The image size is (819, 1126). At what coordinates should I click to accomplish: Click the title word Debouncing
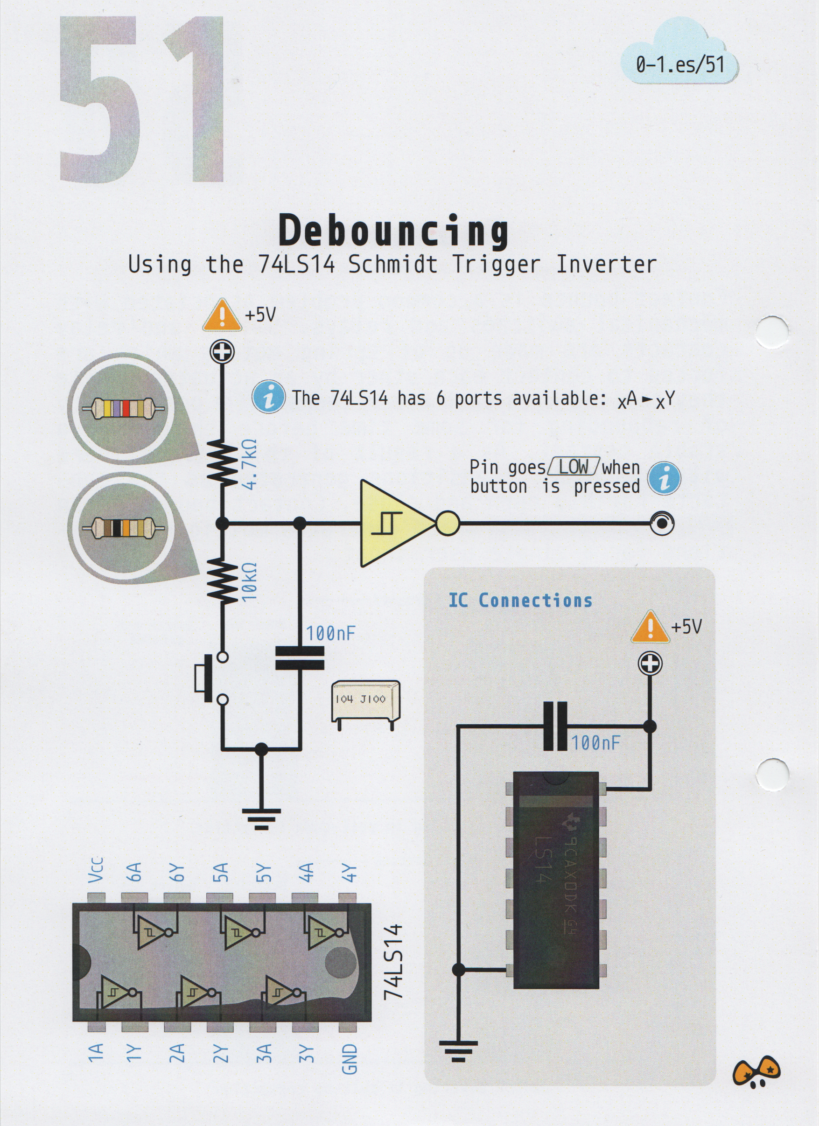393,231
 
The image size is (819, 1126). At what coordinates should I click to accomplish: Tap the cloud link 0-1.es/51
679,64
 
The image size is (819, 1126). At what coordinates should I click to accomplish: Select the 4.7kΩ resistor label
250,464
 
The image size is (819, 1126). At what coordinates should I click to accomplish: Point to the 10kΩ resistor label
250,582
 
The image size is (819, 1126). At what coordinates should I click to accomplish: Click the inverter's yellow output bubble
447,523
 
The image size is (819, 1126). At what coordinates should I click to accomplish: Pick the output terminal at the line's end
662,523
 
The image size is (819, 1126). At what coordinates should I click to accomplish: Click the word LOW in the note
573,467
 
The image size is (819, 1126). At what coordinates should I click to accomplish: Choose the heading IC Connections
520,600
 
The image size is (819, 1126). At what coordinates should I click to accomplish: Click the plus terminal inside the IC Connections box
650,663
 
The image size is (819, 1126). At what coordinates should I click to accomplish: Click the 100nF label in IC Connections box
595,743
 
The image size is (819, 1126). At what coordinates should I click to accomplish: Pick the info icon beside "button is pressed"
664,478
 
